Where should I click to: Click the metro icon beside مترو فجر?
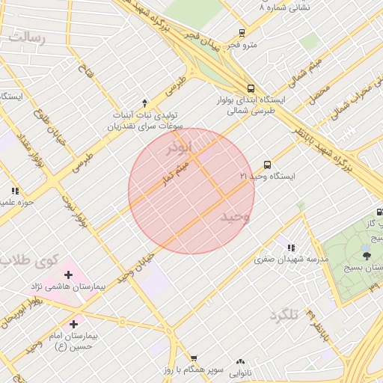[241, 33]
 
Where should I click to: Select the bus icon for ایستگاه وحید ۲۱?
[267, 165]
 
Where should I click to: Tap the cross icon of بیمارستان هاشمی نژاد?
[68, 275]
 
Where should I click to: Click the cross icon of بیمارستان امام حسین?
[73, 324]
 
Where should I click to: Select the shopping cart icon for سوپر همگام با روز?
[194, 359]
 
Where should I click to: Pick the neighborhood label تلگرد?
[284, 315]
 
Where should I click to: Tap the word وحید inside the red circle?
[234, 216]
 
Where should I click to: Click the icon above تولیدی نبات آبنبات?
[144, 102]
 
